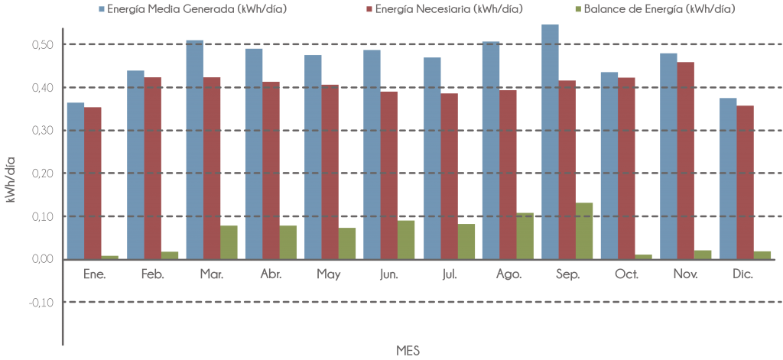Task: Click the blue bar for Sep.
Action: [550, 141]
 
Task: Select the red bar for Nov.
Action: [686, 161]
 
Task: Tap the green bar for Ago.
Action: [525, 235]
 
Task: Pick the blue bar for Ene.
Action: [76, 180]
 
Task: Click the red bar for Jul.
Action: [450, 176]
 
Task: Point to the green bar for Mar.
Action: [229, 242]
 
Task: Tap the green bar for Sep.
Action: [584, 230]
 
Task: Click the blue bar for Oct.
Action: [609, 165]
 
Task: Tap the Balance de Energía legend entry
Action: [655, 10]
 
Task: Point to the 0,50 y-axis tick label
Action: [42, 44]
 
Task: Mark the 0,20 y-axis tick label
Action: [42, 174]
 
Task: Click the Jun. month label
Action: [389, 274]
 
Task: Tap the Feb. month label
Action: [153, 274]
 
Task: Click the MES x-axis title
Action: [408, 350]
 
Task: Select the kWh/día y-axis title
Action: [11, 180]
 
